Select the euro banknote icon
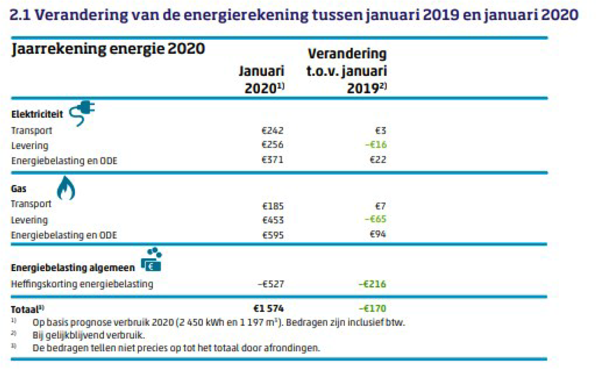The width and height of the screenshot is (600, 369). (x=151, y=262)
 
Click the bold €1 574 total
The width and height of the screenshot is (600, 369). (x=268, y=308)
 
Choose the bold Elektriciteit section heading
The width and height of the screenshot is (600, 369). (x=36, y=115)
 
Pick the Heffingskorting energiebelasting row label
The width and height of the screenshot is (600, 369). (x=82, y=284)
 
